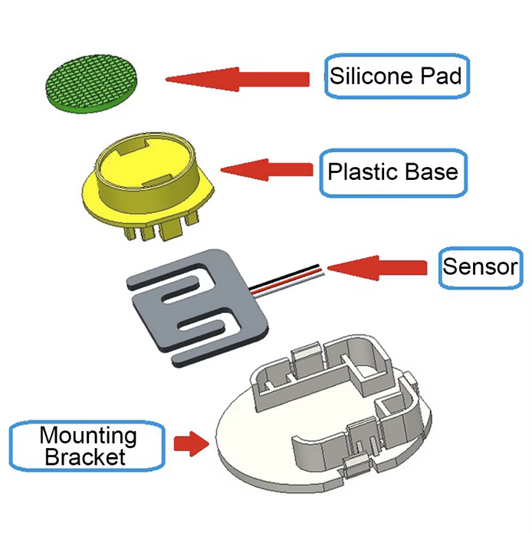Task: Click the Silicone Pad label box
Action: (396, 76)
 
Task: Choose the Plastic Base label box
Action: (392, 170)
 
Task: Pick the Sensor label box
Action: (481, 267)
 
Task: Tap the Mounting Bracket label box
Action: (88, 447)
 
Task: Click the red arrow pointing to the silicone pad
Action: (237, 78)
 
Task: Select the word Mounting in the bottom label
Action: (88, 437)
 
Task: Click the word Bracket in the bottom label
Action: (84, 458)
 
